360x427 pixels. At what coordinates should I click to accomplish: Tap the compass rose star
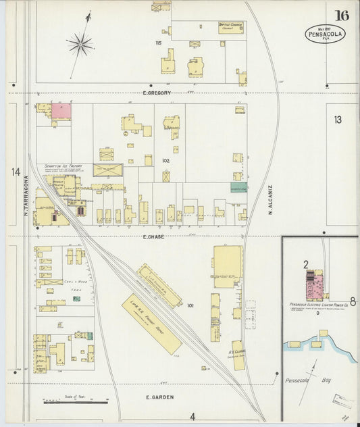coord(80,45)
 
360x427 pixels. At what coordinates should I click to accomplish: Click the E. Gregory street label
coord(157,93)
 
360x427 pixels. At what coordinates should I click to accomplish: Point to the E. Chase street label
coord(154,237)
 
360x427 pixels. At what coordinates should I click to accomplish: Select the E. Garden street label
coord(159,397)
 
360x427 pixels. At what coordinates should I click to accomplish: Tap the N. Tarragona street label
coord(26,196)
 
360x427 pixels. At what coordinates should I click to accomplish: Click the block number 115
coord(159,43)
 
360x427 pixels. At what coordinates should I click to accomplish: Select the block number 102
coord(165,161)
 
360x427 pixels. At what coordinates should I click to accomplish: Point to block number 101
coord(190,305)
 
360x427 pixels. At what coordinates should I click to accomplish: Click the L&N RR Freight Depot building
coord(151,324)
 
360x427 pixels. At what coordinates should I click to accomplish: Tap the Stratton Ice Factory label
coord(63,166)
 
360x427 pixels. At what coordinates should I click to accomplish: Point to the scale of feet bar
coord(75,403)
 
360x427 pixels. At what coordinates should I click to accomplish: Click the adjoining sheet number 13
coord(337,120)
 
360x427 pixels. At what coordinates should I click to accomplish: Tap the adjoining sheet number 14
coord(16,172)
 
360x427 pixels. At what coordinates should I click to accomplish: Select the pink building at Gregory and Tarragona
coord(61,111)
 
